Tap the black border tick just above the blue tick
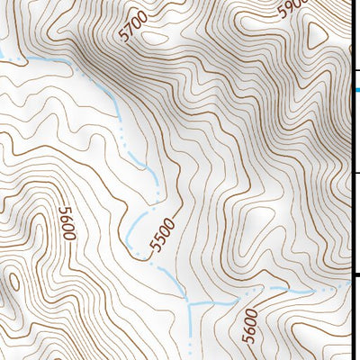355,70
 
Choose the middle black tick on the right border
355,172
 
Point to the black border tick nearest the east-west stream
355,274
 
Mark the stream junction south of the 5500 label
187,301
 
